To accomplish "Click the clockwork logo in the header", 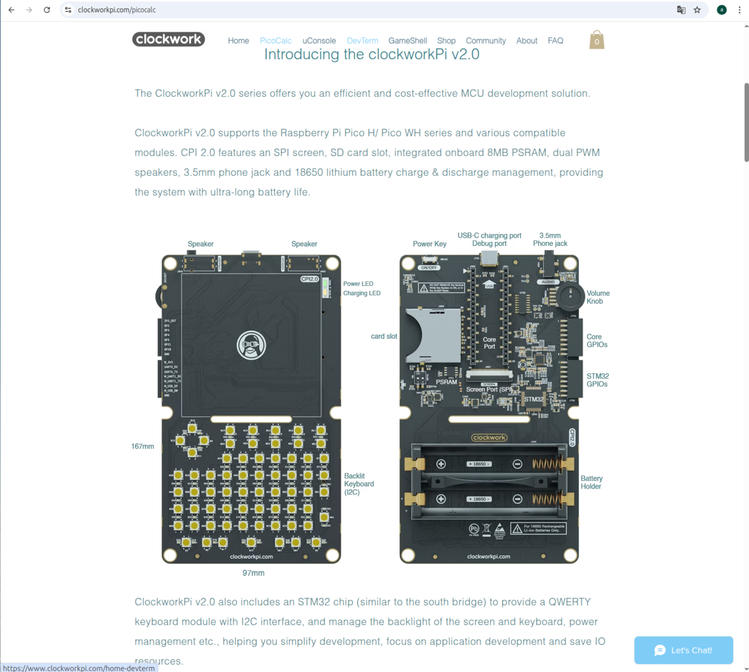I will pos(169,39).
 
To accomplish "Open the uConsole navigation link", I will pos(319,41).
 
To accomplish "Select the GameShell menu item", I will pos(408,41).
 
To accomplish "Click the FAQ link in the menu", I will pos(556,41).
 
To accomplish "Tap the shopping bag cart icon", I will pos(597,41).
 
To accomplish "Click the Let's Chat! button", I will pos(683,650).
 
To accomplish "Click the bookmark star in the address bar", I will pos(697,10).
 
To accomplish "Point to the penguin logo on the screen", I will pos(252,345).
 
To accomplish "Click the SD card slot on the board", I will pos(433,336).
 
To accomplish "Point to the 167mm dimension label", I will pos(142,447).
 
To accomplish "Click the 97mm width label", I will pos(253,573).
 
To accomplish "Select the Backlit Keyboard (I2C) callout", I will pos(359,484).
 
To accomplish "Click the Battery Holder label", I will pos(591,482).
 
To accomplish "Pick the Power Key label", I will pos(429,244).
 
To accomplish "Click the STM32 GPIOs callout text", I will pos(597,380).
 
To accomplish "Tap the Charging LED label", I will pos(361,293).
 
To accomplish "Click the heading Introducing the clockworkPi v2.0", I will pos(371,55).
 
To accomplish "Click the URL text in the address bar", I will pos(117,10).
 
